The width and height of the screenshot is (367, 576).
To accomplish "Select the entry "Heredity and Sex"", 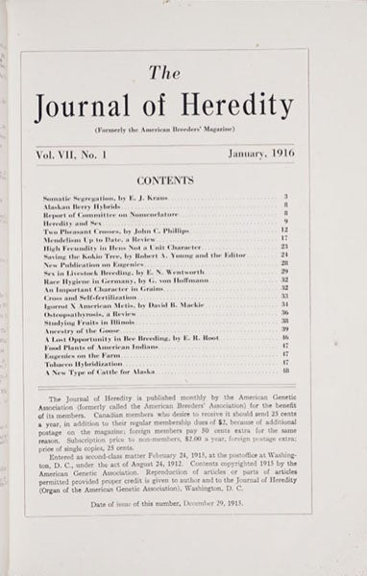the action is coord(67,223).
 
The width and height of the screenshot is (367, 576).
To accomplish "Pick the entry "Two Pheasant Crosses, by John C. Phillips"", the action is coord(103,231).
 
